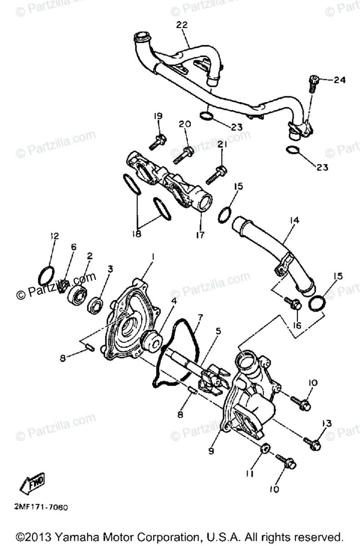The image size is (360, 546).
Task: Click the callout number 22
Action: click(x=182, y=25)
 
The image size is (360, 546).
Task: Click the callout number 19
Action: click(x=158, y=116)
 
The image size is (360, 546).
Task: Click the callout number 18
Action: click(x=137, y=234)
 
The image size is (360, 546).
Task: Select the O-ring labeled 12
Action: click(x=46, y=276)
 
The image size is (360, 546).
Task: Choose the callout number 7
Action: click(x=200, y=317)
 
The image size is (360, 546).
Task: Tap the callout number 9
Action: click(x=211, y=451)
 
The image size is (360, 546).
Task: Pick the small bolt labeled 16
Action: click(x=293, y=303)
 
